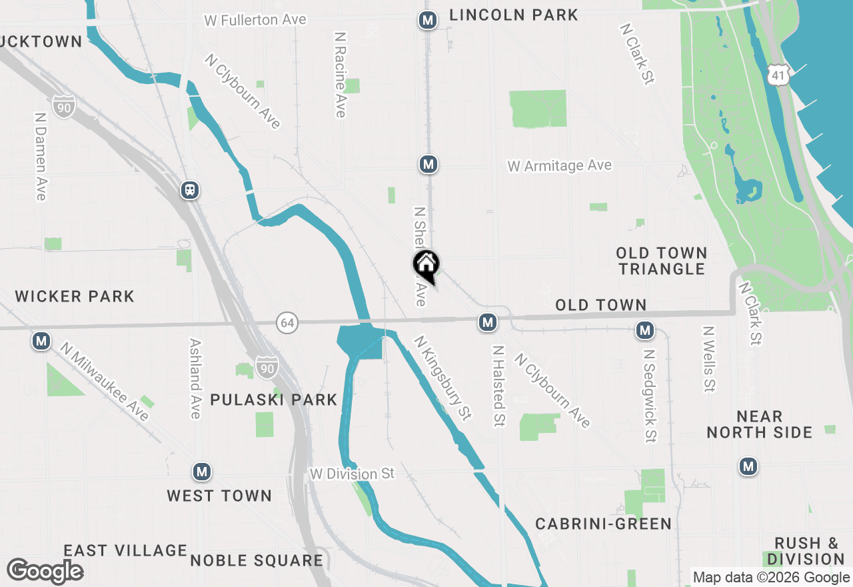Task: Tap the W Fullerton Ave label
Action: [255, 20]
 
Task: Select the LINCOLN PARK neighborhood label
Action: [513, 15]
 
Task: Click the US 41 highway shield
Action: [777, 74]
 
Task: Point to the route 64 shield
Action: [287, 324]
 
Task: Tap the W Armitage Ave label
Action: [559, 165]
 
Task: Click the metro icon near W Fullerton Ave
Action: [428, 21]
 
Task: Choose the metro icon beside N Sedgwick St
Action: [644, 330]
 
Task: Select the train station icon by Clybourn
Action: [191, 190]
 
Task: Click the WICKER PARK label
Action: [75, 296]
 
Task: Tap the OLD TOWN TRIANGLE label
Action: [661, 261]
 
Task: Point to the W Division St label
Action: [353, 474]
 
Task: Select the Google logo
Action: [45, 571]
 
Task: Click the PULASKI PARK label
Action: [274, 400]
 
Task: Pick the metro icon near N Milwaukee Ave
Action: [41, 342]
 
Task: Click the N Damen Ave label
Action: [40, 155]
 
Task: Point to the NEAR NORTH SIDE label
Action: [759, 424]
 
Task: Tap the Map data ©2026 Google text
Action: [771, 578]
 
